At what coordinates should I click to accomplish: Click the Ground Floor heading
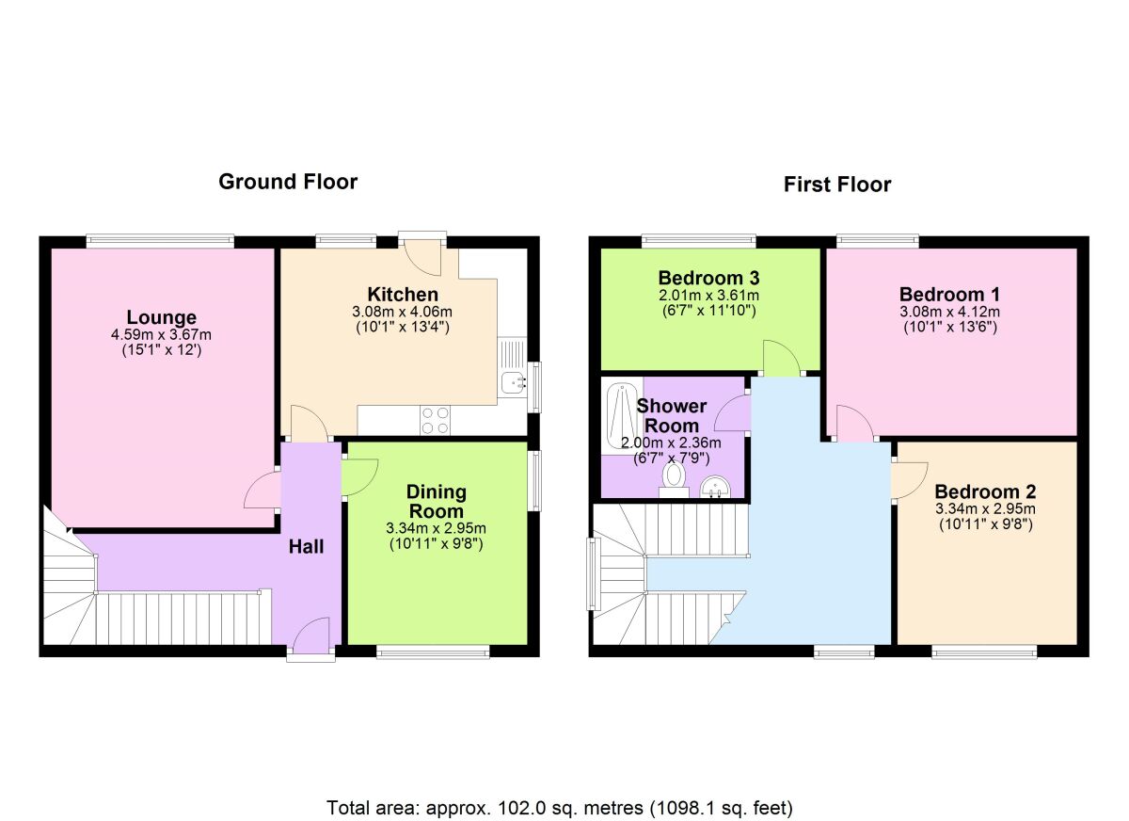pos(288,182)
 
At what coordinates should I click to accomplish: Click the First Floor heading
pos(837,185)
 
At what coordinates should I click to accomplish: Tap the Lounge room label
pos(161,317)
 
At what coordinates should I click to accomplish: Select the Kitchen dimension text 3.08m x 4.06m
pos(403,311)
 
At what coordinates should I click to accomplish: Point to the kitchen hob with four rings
pos(436,421)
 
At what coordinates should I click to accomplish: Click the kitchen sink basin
pos(513,381)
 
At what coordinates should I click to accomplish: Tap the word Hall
pos(306,547)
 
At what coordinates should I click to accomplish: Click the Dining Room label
pos(436,501)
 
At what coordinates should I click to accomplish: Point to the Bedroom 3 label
pos(708,278)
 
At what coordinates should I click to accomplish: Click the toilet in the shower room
pos(674,479)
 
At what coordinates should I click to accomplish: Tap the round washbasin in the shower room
pos(715,487)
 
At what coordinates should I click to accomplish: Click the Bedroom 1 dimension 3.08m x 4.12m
pos(949,312)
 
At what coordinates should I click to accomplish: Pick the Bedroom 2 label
pos(985,491)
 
